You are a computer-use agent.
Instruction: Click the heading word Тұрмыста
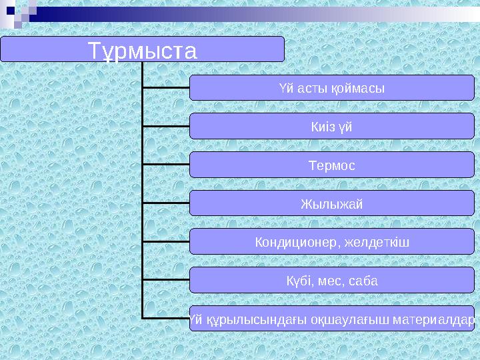143,51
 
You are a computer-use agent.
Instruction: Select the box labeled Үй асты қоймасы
331,87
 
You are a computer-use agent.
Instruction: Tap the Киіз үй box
331,126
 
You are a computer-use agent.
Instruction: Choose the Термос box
331,165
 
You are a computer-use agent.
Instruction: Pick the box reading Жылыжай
331,203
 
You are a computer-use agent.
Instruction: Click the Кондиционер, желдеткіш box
331,242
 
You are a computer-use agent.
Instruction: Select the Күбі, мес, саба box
331,281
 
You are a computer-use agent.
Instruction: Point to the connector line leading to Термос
166,163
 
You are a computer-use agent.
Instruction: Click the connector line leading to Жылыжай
166,202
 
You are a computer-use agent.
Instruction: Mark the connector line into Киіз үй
166,125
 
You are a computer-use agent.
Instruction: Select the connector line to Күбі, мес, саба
166,279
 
